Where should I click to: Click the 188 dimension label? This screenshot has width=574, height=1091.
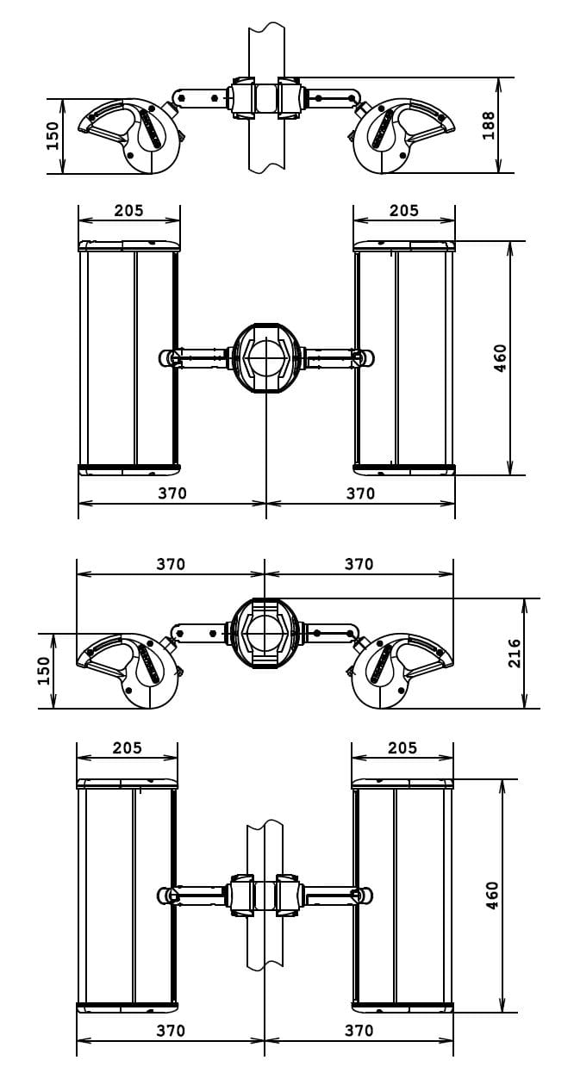point(489,126)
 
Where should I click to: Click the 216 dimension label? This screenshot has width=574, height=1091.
point(515,653)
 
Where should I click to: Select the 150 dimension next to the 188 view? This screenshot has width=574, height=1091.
point(53,135)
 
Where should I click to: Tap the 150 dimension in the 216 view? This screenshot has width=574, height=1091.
point(44,671)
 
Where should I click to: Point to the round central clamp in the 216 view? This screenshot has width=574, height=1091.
point(265,633)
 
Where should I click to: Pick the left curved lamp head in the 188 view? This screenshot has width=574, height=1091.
point(134,133)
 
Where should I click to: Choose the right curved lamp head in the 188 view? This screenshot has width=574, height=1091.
point(400,133)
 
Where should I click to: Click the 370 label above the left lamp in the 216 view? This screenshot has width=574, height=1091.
point(171,565)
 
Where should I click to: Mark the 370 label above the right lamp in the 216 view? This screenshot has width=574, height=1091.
point(359,565)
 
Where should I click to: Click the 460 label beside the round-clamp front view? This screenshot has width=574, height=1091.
point(501,357)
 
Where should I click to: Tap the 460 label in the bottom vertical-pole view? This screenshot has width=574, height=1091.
point(492,895)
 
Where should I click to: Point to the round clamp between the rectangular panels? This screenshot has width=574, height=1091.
point(266,357)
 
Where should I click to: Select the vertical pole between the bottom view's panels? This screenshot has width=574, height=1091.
point(265,939)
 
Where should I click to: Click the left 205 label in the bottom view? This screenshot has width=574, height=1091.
point(128,748)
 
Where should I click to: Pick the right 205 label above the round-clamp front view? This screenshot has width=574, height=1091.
point(403,211)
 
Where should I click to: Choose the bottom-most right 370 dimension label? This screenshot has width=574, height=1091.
point(359,1031)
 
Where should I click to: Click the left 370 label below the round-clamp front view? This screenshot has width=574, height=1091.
point(172,494)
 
